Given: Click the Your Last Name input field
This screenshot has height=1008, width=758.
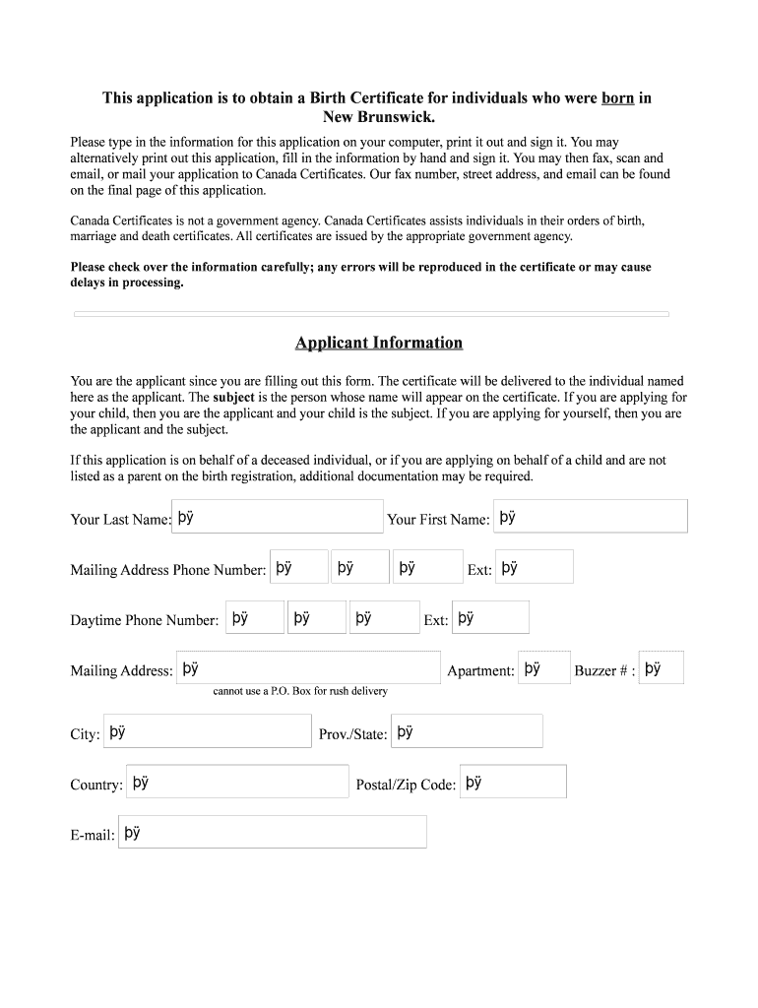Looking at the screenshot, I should click(x=278, y=517).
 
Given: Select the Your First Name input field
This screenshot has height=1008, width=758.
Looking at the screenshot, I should click(x=590, y=517).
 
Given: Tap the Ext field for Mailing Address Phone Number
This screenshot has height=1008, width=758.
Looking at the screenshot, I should click(x=534, y=567).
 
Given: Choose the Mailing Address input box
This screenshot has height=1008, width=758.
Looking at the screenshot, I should click(x=308, y=667).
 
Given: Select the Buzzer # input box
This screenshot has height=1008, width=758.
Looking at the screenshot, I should click(x=661, y=667).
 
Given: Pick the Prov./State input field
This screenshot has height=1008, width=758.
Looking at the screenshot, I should click(x=467, y=731).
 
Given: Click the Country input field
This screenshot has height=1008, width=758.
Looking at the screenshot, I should click(x=237, y=782).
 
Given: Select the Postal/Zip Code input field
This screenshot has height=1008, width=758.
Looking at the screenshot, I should click(x=513, y=782).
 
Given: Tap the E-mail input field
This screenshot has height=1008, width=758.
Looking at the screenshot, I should click(x=273, y=832).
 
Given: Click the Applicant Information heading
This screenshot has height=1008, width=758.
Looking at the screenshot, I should click(x=378, y=343).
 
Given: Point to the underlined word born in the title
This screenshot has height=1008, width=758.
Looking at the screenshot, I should click(x=617, y=98).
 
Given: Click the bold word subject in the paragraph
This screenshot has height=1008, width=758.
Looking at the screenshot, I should click(x=233, y=398).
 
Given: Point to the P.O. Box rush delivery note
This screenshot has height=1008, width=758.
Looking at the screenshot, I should click(x=300, y=691).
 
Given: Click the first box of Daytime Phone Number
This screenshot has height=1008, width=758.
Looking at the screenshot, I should click(x=255, y=617).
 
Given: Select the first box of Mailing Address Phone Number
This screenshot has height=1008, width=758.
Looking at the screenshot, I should click(x=298, y=567).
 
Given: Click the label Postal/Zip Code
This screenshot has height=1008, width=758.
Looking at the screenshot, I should click(x=406, y=785).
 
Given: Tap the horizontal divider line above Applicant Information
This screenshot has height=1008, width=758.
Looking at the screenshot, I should click(x=371, y=314).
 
